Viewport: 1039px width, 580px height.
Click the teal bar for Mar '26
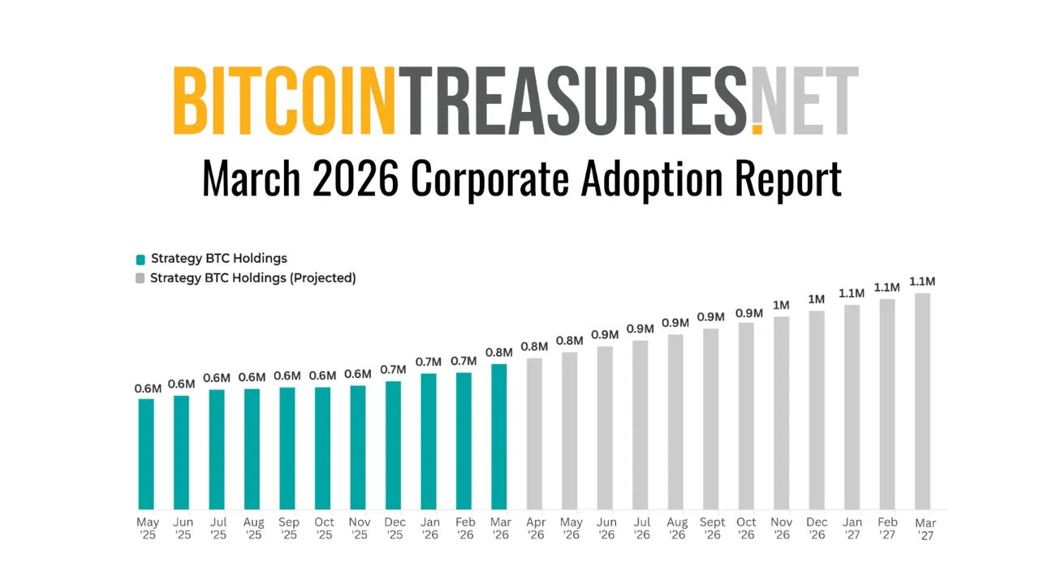point(499,436)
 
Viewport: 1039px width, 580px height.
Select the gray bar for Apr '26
point(534,433)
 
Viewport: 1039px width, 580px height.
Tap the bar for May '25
point(146,453)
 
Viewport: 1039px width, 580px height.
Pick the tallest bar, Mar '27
point(923,401)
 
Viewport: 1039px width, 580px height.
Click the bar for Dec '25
point(393,445)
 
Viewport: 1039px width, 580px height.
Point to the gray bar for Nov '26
point(782,413)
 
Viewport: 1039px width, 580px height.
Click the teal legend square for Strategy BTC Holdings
point(140,260)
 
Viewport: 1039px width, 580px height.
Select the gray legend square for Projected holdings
point(140,278)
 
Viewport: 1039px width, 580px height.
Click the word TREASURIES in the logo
point(576,101)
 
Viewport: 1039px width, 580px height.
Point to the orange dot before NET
point(757,128)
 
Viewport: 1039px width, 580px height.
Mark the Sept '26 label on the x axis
point(711,528)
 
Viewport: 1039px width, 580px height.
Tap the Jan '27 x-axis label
point(852,528)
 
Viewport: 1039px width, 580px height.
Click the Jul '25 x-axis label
point(218,528)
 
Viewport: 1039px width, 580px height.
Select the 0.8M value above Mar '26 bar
point(498,353)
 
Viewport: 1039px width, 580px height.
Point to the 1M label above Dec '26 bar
point(817,299)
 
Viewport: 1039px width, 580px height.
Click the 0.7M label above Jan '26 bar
point(428,362)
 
